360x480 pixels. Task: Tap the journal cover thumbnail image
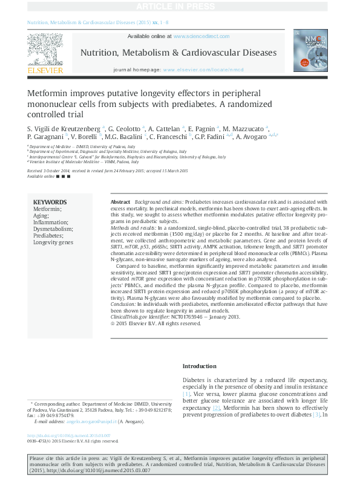click(x=310, y=50)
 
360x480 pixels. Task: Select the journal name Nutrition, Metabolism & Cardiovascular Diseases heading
click(x=178, y=53)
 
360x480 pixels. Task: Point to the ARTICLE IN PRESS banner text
click(x=180, y=6)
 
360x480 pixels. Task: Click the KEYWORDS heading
click(x=50, y=203)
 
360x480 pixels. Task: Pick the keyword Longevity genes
click(x=53, y=242)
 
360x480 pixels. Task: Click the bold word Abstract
click(x=120, y=201)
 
